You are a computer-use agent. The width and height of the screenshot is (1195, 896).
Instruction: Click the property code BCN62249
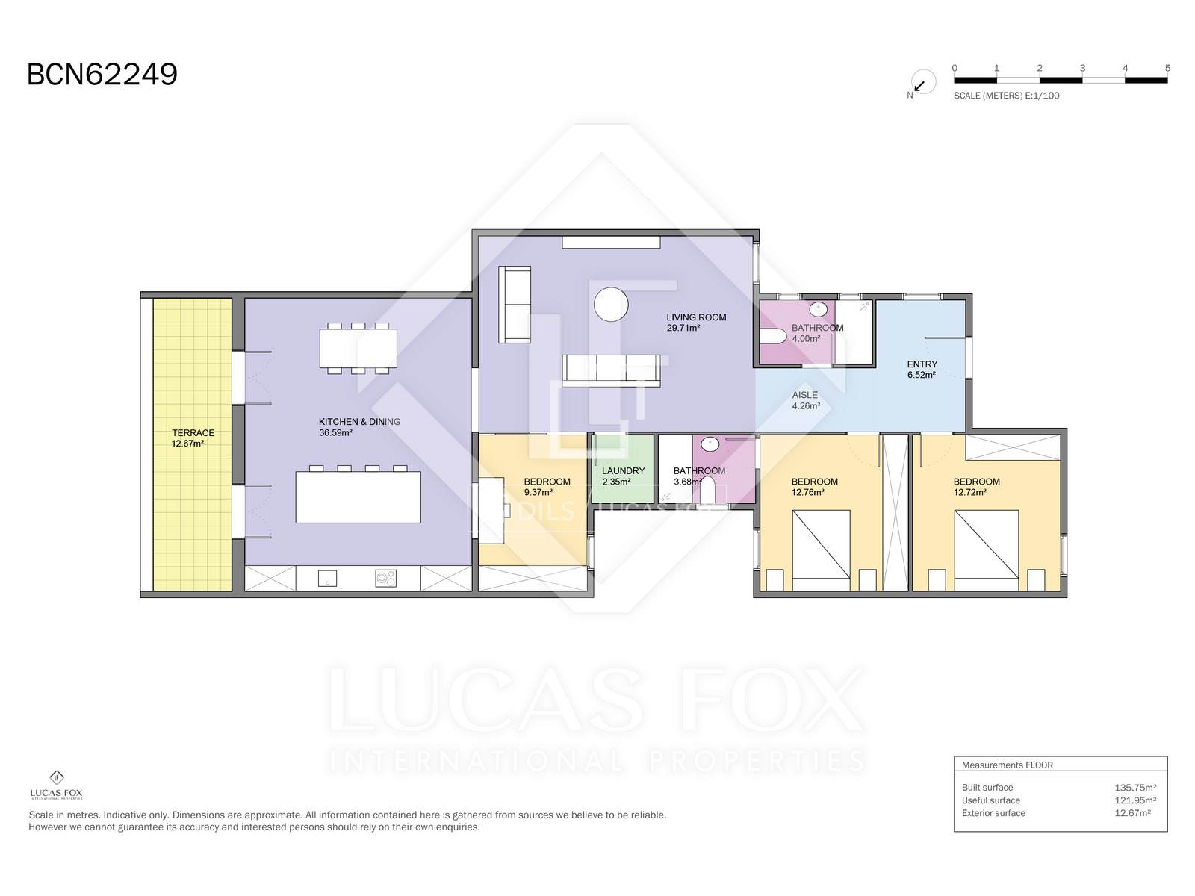102,75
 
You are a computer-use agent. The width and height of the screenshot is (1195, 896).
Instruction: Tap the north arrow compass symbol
922,83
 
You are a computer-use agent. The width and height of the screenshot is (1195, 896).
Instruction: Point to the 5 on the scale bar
1167,68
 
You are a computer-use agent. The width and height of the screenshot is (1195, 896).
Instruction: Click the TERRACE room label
193,433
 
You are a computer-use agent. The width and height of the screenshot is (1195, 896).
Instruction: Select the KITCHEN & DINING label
359,422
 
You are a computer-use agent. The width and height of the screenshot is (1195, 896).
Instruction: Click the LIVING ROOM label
696,317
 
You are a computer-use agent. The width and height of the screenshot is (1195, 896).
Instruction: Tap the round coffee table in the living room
611,305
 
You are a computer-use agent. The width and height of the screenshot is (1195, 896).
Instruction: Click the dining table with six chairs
358,348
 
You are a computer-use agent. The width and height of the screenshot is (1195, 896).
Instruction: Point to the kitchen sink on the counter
327,578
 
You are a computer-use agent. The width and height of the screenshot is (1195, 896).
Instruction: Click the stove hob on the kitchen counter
386,578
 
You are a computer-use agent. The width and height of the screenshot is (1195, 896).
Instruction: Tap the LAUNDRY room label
624,471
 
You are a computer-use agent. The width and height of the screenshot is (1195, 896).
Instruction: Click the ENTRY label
922,364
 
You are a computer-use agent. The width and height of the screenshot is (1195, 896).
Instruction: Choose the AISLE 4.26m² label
806,400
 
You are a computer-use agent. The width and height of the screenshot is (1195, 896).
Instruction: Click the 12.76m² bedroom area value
807,493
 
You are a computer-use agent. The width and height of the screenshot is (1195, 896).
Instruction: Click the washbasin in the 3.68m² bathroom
710,444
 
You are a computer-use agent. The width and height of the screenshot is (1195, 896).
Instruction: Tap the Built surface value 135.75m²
1135,788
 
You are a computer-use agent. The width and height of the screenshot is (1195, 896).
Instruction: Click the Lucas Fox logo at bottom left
56,785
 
